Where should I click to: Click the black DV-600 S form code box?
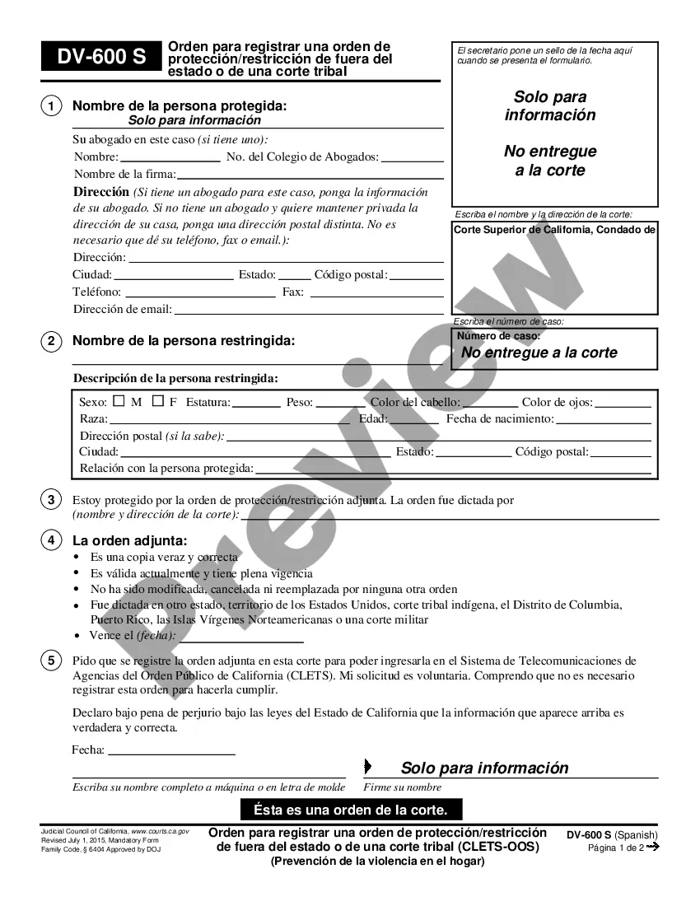(x=100, y=58)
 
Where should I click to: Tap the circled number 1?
(x=51, y=106)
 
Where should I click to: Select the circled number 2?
(x=51, y=340)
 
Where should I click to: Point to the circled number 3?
(x=51, y=499)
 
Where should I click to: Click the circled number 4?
(x=51, y=540)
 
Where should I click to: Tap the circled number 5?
(x=51, y=661)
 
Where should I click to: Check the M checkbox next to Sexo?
(x=118, y=401)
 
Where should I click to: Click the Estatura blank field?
(x=257, y=404)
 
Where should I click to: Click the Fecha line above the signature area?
(x=171, y=752)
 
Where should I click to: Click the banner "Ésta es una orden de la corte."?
(x=351, y=809)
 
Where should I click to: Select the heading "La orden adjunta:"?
(x=129, y=540)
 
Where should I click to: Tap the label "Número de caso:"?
(x=498, y=336)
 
